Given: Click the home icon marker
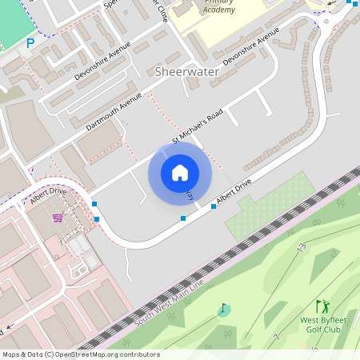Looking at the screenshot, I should point(180,172).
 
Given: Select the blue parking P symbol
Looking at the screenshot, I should point(30,43).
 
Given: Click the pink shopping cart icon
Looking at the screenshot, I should point(58,218).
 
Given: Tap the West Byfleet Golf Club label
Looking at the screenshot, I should point(320,325).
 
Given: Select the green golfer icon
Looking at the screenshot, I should point(322,306).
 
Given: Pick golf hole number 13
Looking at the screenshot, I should point(302,248).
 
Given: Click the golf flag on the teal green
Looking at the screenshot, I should point(223,309).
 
